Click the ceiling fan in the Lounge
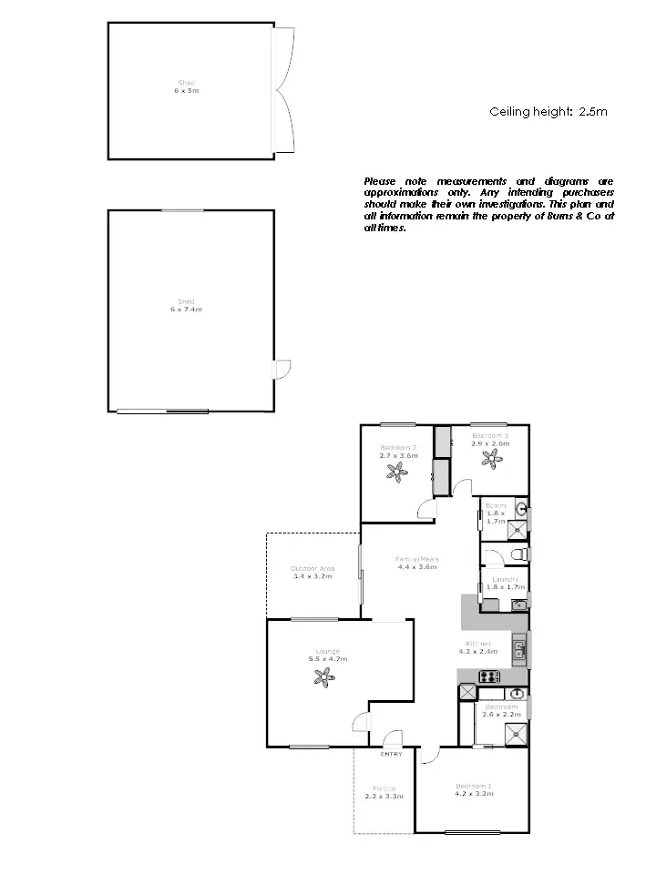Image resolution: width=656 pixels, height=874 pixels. [x=323, y=676]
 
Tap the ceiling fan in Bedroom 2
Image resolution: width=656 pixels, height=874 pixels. [x=396, y=471]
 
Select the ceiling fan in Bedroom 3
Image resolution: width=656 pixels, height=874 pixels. [x=493, y=458]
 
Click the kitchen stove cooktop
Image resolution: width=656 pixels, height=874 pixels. [x=489, y=676]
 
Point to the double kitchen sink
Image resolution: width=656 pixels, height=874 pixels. [x=518, y=649]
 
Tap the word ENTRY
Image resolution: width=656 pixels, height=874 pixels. [x=391, y=754]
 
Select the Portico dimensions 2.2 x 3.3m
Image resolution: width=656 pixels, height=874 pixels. [x=384, y=797]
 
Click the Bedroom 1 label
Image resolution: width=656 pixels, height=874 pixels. [x=474, y=786]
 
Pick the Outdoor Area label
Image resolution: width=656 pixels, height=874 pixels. [x=312, y=568]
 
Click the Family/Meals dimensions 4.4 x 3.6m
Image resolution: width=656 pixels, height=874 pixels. [x=416, y=567]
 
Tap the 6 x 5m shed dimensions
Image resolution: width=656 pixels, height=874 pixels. [x=186, y=91]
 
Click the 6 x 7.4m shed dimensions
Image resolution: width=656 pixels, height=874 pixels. [x=186, y=310]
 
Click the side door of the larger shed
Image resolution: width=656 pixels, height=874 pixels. [x=282, y=368]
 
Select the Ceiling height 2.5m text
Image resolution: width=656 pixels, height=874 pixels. [x=548, y=112]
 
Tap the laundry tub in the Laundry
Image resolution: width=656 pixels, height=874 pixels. [x=518, y=604]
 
